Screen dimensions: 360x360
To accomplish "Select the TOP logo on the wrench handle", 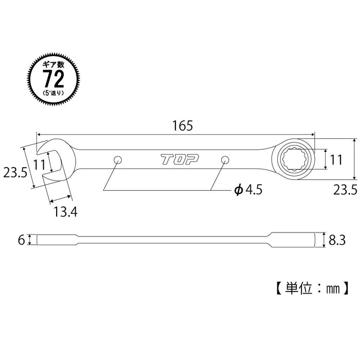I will (173, 160).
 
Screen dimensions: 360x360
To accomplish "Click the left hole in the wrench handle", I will (118, 159).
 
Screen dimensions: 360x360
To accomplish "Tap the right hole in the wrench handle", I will (224, 159).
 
